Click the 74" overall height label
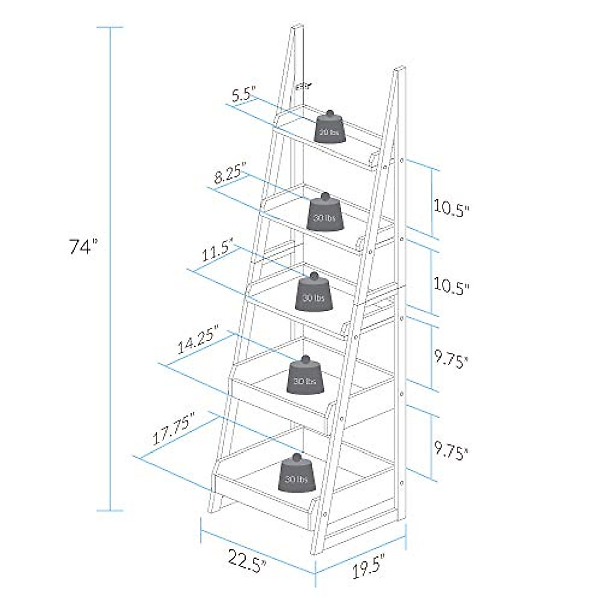click(82, 247)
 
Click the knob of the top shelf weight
click(330, 113)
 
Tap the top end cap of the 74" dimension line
click(110, 27)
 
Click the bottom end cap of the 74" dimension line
click(110, 511)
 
